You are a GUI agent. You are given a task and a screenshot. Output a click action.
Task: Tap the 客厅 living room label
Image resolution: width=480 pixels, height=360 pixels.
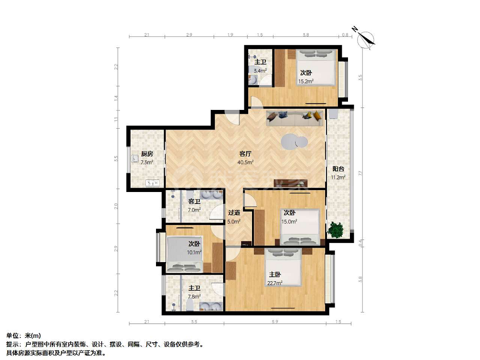pos(245,154)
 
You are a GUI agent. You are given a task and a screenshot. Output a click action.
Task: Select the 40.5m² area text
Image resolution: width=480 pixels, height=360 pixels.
pos(245,162)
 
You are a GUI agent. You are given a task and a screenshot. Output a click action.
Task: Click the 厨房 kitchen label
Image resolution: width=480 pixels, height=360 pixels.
pos(147,154)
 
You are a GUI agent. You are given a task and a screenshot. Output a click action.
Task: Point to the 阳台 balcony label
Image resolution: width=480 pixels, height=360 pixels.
pos(338,168)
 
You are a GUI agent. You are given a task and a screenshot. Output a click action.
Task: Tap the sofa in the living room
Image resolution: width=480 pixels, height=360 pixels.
pos(295,118)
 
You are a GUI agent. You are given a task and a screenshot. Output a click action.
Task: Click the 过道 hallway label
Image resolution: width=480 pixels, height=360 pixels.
pos(234,213)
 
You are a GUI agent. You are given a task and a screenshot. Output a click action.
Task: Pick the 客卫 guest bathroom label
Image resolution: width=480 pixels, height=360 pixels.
pos(194,202)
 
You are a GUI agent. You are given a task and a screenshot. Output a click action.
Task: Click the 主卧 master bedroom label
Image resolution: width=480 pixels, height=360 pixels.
pos(275,275)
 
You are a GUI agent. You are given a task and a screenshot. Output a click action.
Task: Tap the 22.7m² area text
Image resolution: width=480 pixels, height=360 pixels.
pos(275,283)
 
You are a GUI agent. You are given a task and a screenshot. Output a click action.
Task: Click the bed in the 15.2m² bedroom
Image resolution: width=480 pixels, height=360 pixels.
pos(315,67)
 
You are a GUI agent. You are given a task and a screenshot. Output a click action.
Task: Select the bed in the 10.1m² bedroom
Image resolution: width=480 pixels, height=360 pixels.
pos(185,254)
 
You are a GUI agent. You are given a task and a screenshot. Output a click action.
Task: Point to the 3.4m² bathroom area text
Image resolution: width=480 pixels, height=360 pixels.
pos(260,71)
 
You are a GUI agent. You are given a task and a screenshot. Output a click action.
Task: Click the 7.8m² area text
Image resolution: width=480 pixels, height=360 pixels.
pos(194,297)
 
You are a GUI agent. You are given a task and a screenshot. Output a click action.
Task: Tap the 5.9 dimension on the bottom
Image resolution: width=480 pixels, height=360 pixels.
pos(275,322)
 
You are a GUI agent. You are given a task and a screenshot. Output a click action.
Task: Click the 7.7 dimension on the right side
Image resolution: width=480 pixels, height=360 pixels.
pos(360,173)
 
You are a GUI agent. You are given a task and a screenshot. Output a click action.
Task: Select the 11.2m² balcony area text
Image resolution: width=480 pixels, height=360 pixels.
pos(338,177)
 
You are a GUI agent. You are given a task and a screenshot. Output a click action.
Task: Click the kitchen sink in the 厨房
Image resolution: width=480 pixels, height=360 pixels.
pos(153,183)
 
